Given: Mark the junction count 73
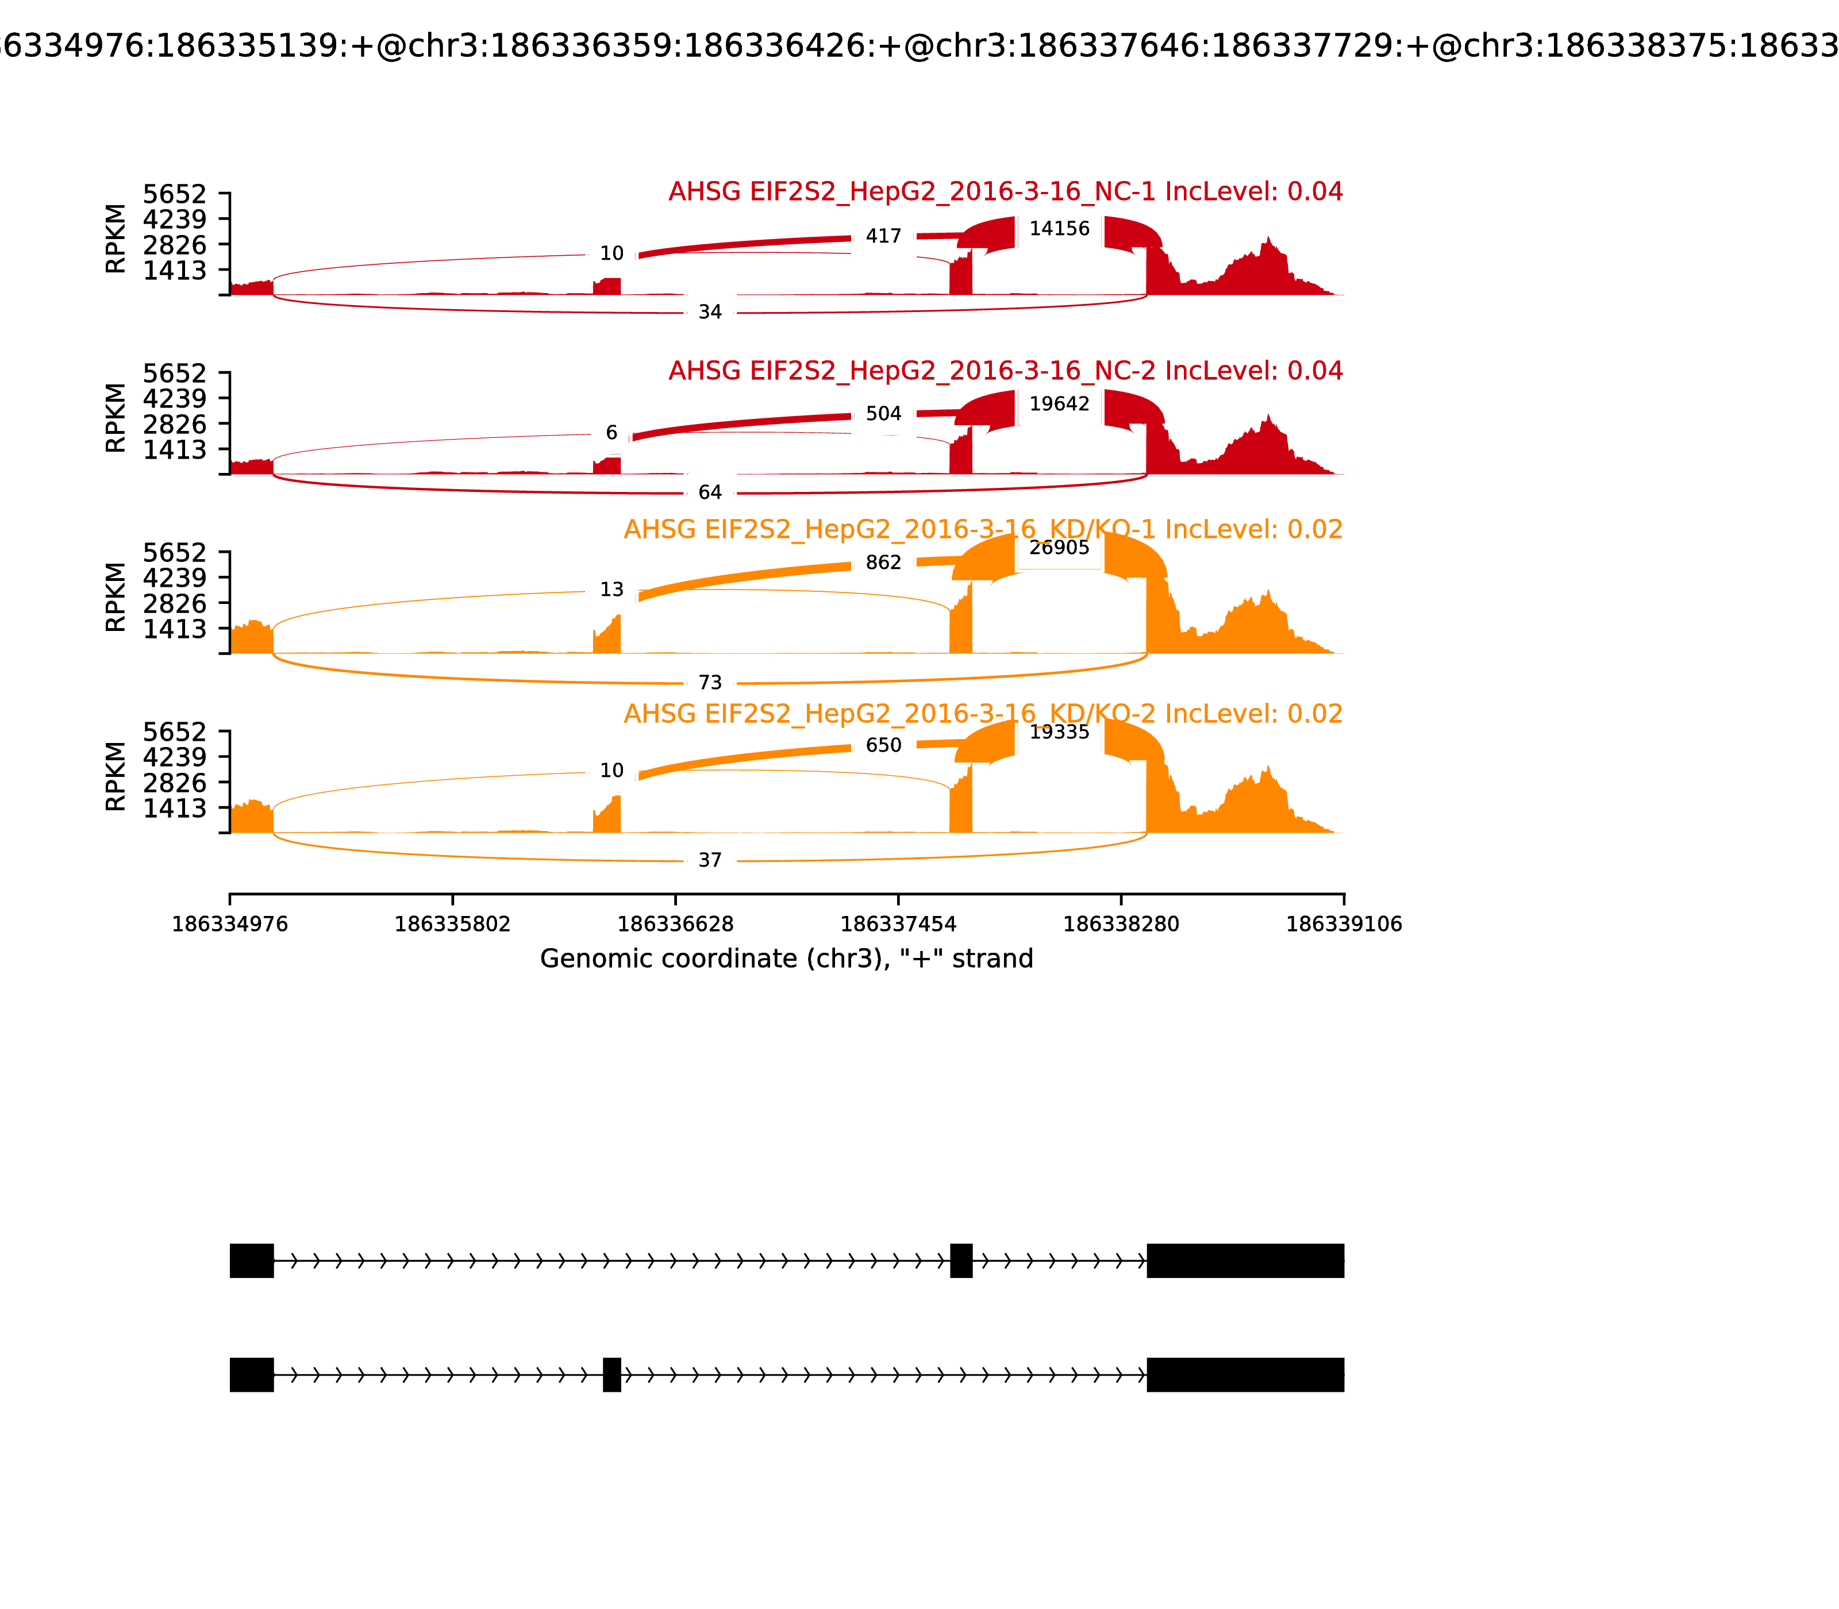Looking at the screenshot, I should [x=709, y=683].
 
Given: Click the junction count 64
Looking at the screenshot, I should [x=709, y=492].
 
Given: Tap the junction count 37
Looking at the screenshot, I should [x=709, y=860].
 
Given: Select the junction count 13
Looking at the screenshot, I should [x=611, y=590].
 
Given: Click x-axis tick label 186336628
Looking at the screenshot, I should [x=675, y=924].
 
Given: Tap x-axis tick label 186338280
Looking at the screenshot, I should [x=1121, y=924].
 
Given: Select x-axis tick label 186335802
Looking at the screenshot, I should [x=453, y=924].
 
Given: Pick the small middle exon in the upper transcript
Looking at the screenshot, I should [x=961, y=1261].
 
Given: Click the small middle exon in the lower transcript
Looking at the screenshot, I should [x=611, y=1375].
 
